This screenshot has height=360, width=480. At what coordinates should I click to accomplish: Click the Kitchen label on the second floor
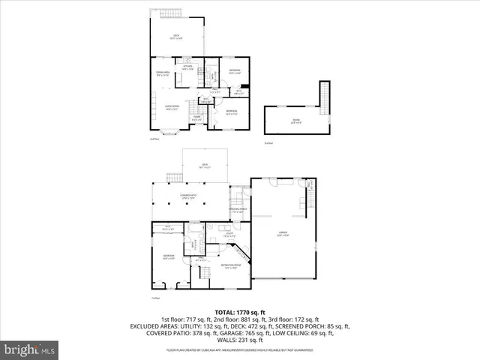click(187, 67)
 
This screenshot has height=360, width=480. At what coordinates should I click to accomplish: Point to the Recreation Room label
click(229, 267)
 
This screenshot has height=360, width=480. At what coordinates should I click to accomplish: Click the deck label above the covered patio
click(203, 166)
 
